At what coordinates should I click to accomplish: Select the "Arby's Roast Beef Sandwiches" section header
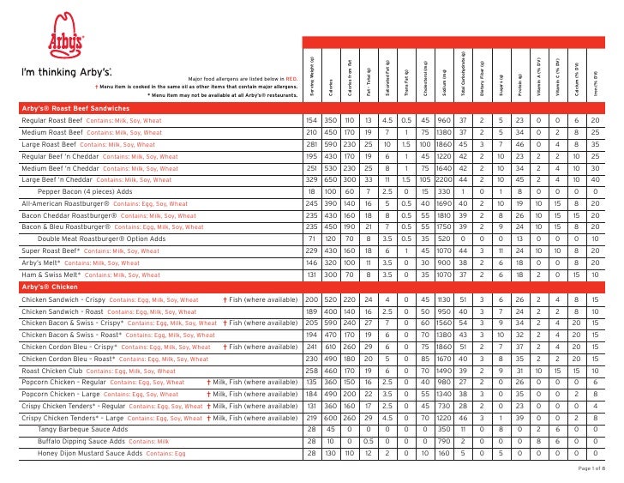pos(75,109)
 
